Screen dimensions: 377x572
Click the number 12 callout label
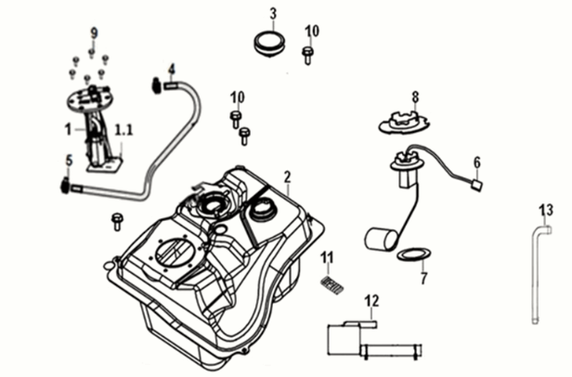[x=371, y=300]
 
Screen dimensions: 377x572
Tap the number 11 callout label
[x=326, y=257]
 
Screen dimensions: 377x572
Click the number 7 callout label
[x=423, y=277]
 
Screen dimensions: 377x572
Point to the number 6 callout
[x=476, y=162]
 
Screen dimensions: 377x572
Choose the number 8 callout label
[x=415, y=96]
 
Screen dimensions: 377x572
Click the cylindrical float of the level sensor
[x=379, y=240]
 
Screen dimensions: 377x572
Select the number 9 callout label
[x=93, y=33]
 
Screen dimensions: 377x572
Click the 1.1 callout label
[x=123, y=129]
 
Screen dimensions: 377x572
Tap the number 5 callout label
[x=68, y=160]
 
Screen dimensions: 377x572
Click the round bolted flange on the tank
[x=175, y=253]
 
